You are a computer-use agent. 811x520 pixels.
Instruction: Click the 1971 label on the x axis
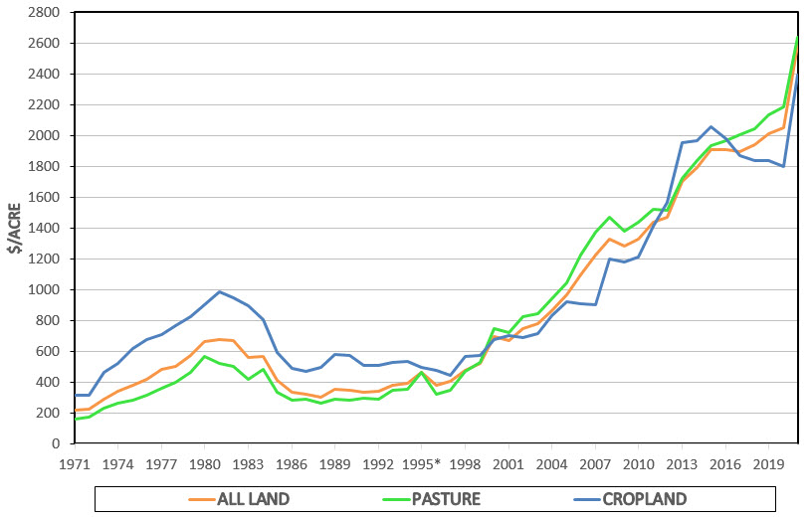tap(75, 463)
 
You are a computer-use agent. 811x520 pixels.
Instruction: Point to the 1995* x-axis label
tap(423, 463)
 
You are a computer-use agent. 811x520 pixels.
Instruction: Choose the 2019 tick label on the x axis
tap(769, 463)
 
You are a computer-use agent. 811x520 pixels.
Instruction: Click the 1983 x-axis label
tap(248, 463)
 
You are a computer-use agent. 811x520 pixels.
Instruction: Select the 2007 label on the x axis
tap(595, 463)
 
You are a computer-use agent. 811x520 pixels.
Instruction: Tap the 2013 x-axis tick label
tap(682, 463)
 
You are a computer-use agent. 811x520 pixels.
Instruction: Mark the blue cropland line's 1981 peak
tap(219, 291)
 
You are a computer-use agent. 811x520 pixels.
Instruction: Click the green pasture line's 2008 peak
tap(609, 217)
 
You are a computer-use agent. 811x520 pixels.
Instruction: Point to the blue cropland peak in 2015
tap(710, 126)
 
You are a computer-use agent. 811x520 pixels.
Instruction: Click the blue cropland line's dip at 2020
tap(783, 166)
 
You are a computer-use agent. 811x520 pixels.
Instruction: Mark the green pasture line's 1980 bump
tap(205, 356)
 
